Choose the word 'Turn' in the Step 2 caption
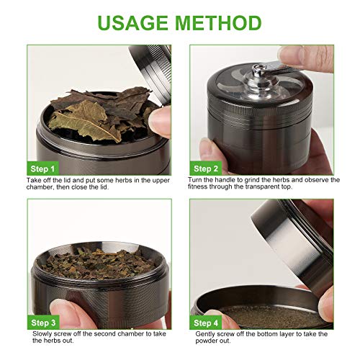tap(197, 179)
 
